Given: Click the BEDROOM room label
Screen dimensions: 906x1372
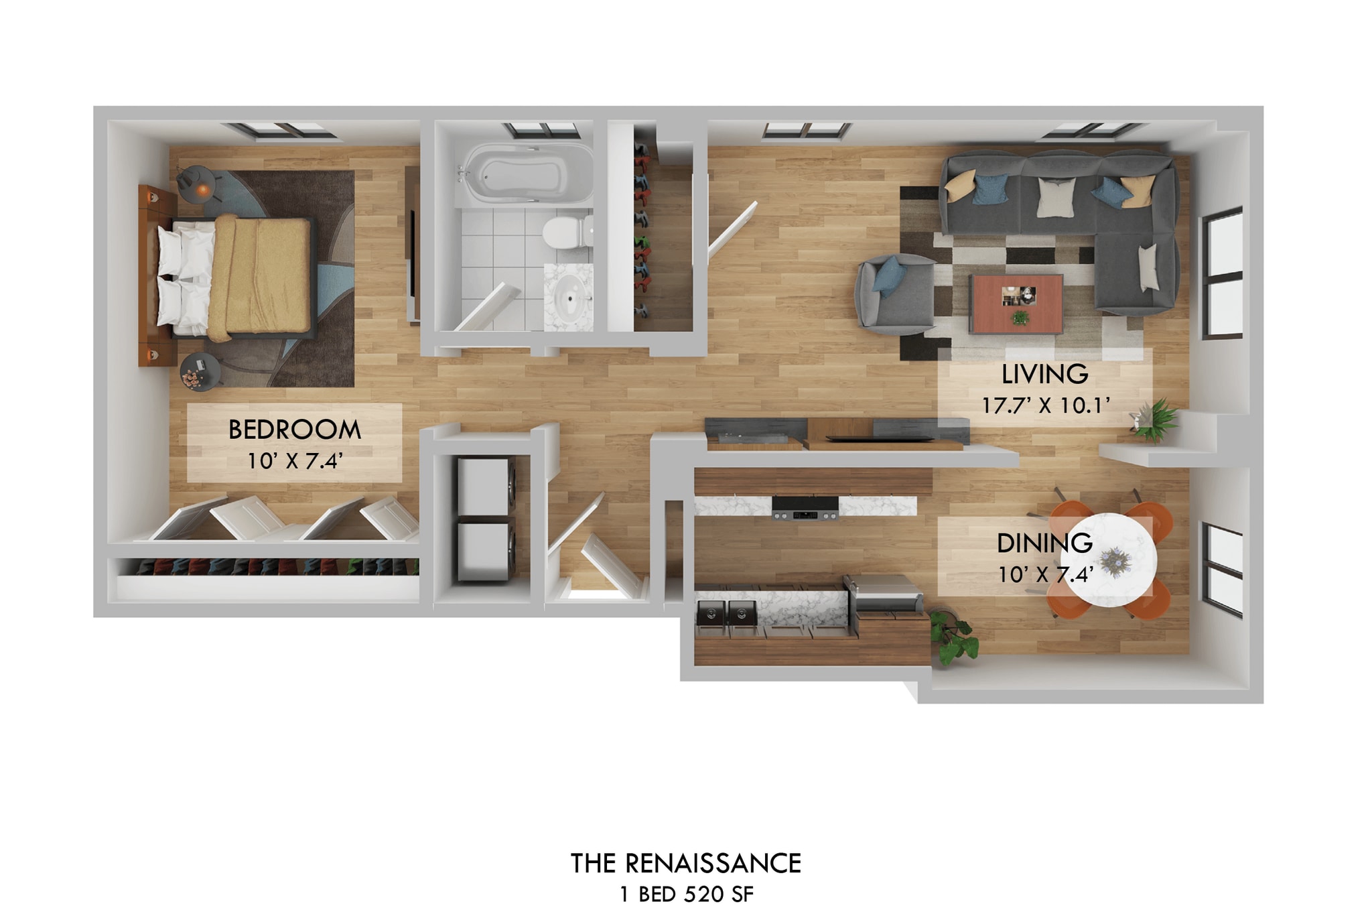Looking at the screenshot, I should point(294,430).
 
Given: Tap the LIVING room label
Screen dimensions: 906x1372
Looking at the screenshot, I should point(1044,374).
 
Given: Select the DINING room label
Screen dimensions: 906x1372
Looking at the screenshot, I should point(1044,543).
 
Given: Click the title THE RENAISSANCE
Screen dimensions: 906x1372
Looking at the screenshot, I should point(685,863).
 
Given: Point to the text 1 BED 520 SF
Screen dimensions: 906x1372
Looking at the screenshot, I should point(686,894).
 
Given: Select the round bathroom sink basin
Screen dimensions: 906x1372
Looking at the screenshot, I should point(569,298).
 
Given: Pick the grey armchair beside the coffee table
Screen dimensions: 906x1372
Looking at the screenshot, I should point(895,295).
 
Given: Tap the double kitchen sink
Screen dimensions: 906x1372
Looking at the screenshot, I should point(726,612).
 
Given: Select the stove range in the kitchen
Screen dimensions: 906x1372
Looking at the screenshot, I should point(805,508).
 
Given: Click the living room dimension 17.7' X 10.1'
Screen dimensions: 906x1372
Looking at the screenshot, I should point(1045,405).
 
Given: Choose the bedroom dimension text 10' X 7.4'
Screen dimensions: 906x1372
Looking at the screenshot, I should point(295,461).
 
